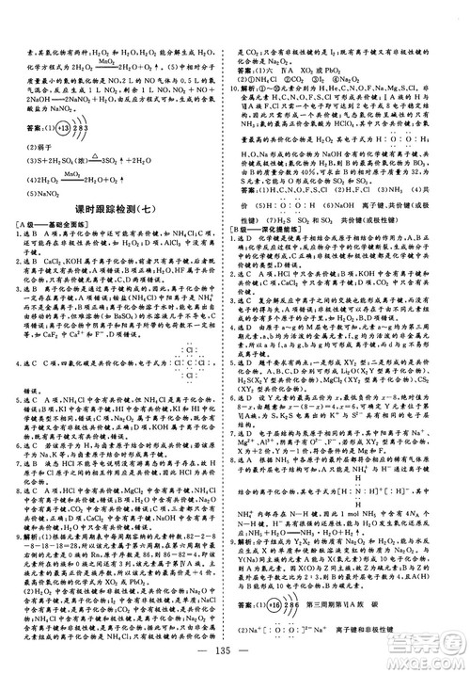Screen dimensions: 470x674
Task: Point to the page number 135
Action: coord(234,656)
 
